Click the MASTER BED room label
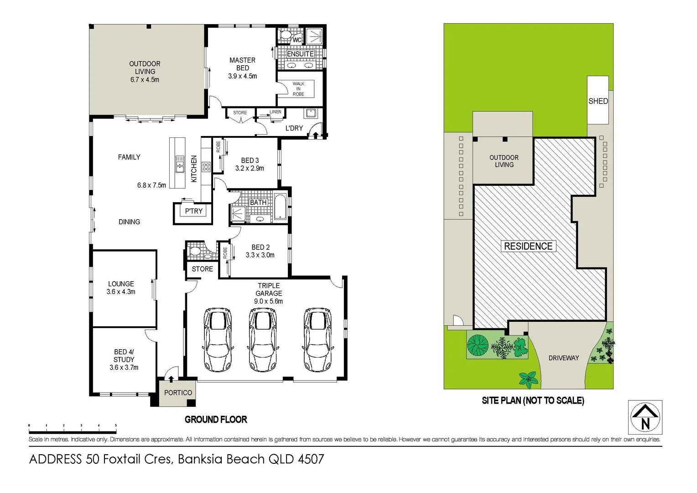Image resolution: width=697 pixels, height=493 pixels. [x=242, y=64]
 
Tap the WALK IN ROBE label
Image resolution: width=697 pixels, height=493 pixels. [x=298, y=89]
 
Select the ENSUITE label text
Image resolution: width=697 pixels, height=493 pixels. [x=300, y=54]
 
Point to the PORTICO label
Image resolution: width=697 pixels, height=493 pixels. [x=178, y=393]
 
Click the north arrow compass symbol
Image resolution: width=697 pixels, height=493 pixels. [x=645, y=417]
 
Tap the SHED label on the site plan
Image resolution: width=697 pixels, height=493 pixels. [x=598, y=101]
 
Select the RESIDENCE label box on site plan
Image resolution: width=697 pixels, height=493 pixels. [x=528, y=246]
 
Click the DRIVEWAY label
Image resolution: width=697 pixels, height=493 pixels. [x=563, y=358]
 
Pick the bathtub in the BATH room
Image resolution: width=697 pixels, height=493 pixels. [x=280, y=207]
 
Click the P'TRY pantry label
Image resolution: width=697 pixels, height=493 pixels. [x=193, y=211]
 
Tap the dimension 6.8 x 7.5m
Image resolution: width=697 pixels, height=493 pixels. [x=151, y=185]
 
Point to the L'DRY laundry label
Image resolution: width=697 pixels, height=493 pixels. [x=294, y=128]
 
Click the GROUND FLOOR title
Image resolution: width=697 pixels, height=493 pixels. [x=216, y=420]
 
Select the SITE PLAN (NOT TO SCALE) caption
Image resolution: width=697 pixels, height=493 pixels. [x=533, y=401]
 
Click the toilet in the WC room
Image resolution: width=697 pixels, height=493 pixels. [x=286, y=35]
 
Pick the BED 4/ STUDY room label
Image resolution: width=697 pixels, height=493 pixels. [x=124, y=360]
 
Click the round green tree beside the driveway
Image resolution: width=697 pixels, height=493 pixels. [x=478, y=345]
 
